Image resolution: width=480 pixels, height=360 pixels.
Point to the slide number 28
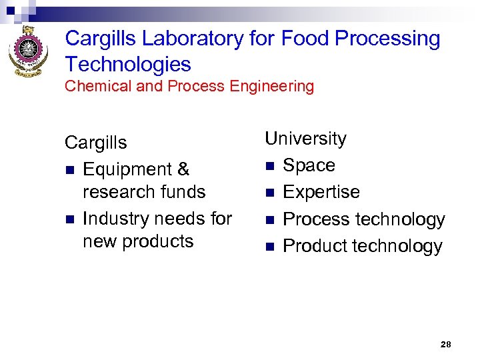click(446, 344)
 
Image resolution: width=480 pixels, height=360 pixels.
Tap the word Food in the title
click(305, 39)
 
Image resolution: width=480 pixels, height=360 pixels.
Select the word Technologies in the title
click(128, 65)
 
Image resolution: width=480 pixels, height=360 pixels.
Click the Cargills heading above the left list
click(95, 143)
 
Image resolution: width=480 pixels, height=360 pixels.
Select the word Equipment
click(127, 170)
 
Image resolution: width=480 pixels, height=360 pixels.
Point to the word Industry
click(119, 219)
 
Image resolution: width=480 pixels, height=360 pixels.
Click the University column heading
click(305, 139)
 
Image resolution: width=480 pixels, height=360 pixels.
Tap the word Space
click(309, 165)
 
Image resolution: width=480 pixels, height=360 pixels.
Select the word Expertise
click(321, 193)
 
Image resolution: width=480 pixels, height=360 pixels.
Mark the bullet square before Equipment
click(69, 171)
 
